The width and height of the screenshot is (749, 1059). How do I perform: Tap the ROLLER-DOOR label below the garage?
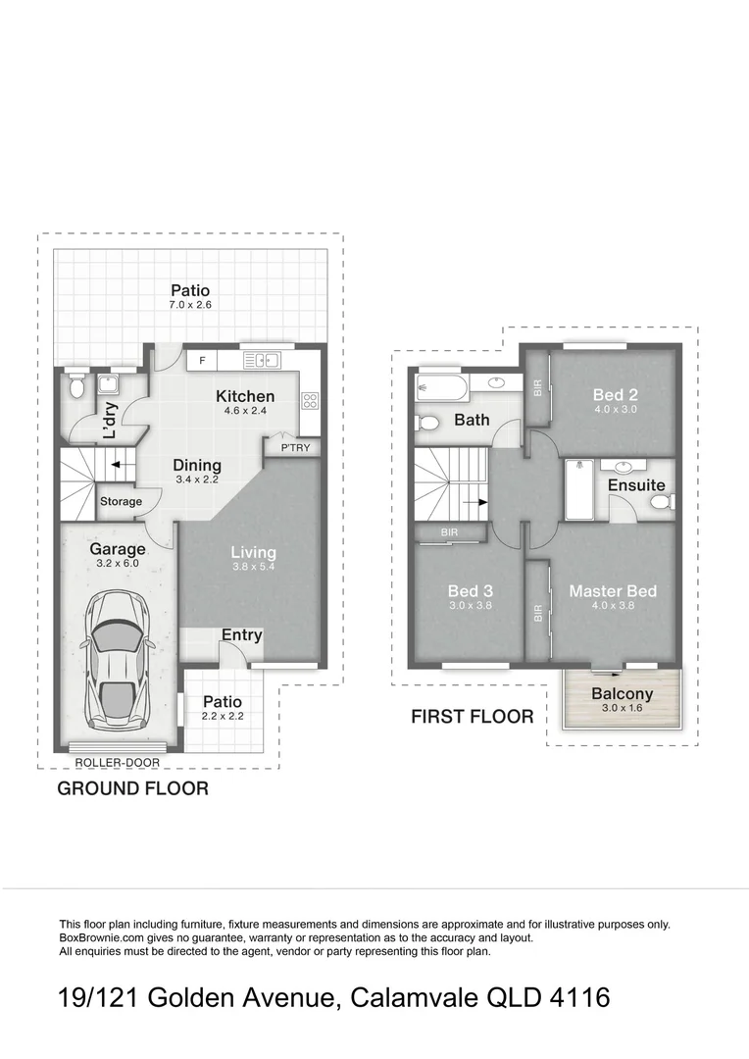point(117,762)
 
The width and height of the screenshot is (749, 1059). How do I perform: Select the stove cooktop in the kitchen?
point(309,399)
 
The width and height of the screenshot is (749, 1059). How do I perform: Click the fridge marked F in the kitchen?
point(202,361)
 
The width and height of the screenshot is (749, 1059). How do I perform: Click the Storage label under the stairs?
point(121,502)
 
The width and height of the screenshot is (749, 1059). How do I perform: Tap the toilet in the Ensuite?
point(661,504)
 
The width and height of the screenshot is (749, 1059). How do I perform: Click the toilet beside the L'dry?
point(77,388)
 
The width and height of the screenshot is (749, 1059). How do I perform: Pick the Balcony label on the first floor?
point(622,694)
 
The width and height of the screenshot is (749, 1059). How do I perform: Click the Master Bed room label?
point(613,591)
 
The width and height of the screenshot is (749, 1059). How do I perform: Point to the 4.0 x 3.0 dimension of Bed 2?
point(615,410)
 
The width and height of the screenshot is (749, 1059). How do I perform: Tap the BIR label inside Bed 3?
point(449,532)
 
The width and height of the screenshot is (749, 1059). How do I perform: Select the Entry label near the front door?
point(241,634)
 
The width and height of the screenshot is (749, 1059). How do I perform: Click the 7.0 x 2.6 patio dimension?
point(190,306)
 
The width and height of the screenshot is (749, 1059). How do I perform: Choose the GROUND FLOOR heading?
point(132,788)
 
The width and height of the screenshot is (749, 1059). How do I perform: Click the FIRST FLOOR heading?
point(472,717)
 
